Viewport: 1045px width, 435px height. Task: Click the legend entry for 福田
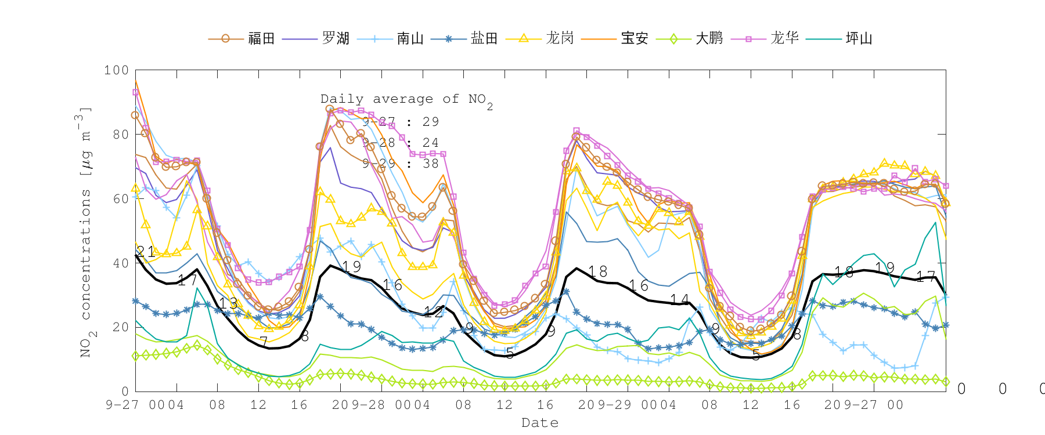261,38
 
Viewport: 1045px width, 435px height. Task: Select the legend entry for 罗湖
335,38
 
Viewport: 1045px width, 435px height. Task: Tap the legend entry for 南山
410,38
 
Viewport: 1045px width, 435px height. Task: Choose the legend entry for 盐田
484,38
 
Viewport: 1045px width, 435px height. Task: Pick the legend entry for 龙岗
559,38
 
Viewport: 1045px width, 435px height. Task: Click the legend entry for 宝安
634,38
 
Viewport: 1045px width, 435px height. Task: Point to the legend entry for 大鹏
709,38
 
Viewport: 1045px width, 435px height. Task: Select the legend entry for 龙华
784,38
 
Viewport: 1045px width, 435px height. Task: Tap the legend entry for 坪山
859,38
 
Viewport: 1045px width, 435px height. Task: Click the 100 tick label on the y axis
116,70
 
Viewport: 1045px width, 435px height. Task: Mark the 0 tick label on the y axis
125,391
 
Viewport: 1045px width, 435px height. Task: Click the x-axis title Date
540,423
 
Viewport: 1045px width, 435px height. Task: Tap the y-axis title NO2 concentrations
85,232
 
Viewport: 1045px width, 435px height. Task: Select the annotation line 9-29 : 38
401,164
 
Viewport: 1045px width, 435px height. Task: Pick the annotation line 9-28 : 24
401,143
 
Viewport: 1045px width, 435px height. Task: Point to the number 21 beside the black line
146,252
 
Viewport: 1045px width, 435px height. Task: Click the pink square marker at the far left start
135,92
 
